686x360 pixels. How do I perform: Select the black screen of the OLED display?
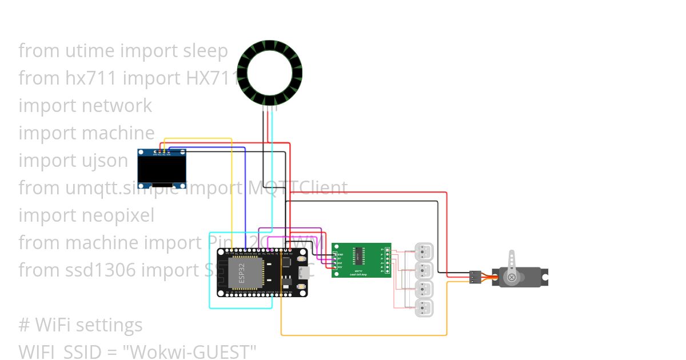(x=162, y=169)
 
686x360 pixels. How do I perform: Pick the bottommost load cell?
(x=424, y=308)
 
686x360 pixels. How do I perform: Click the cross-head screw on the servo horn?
(x=512, y=278)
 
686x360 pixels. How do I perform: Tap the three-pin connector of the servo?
(x=475, y=277)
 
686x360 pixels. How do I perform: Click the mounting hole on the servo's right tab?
(x=546, y=278)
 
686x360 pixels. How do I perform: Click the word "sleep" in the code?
(x=205, y=51)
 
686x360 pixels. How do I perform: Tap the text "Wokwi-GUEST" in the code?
(x=193, y=351)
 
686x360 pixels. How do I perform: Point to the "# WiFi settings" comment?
(x=80, y=325)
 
